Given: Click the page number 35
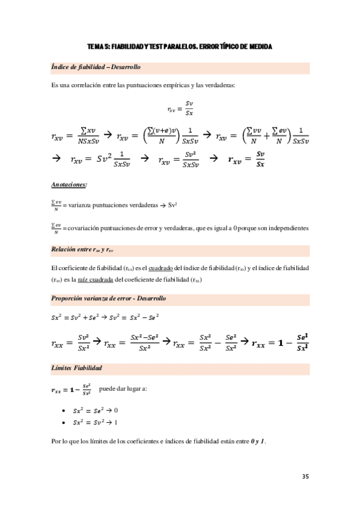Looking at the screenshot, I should [x=305, y=476].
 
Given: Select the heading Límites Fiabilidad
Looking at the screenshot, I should [x=76, y=367].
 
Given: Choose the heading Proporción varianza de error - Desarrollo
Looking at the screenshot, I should [x=108, y=298].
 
